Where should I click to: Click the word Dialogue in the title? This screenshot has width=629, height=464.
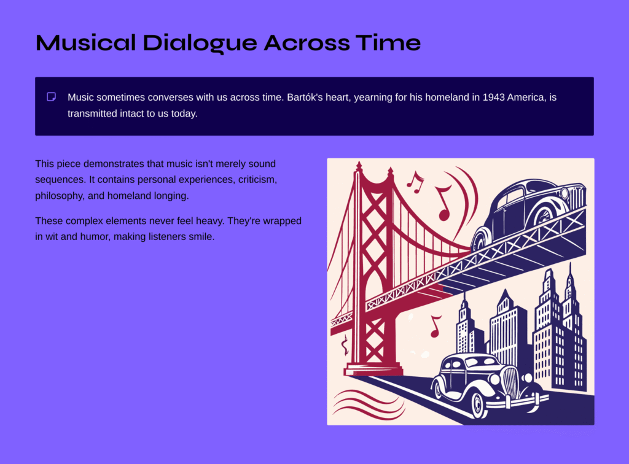(200, 44)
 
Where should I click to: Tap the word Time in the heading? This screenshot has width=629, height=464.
(388, 42)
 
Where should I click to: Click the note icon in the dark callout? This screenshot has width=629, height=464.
(52, 97)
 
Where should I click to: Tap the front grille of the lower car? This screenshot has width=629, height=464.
(510, 382)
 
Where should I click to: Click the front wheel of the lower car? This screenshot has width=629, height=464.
(479, 404)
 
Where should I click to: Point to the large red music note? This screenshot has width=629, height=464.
(443, 204)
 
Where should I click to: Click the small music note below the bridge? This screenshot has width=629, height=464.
(436, 326)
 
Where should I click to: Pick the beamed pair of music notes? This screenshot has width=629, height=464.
(415, 183)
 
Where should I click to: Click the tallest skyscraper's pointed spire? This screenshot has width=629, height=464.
(570, 273)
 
